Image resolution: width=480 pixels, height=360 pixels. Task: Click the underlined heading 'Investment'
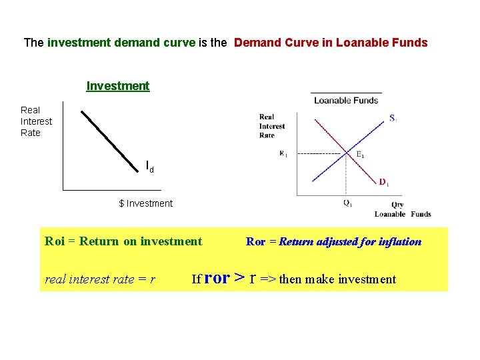coord(118,86)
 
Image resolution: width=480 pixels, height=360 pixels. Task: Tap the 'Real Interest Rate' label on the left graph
coord(36,121)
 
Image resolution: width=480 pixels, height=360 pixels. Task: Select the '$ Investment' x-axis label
coord(145,203)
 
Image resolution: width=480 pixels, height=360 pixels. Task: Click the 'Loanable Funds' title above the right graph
coord(346,101)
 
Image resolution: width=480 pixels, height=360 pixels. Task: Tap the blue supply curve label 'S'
coord(393,119)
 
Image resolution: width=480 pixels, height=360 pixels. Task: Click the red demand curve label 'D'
coord(383,182)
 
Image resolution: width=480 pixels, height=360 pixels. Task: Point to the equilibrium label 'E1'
coord(359,155)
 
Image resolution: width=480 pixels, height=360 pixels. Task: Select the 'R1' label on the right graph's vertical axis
coord(283,153)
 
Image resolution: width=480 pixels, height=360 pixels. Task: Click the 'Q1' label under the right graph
coord(348,203)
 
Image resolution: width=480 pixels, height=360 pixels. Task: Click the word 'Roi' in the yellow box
coord(55,241)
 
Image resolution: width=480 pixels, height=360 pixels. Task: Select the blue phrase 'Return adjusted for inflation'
coord(350,242)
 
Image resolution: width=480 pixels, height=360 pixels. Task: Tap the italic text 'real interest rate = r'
coord(100,279)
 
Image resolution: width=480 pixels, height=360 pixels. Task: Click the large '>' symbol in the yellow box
coord(239,277)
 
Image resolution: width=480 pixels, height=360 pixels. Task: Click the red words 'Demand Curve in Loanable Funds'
coord(331,43)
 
